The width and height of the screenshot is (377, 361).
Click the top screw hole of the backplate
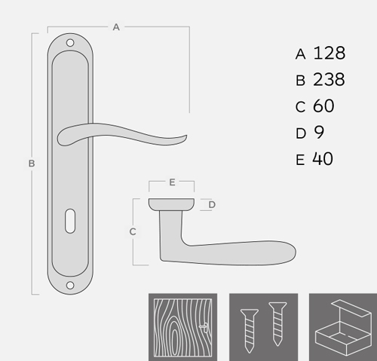tap(70, 43)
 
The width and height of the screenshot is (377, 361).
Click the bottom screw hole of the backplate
tap(70, 286)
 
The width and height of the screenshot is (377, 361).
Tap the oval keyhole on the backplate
tap(70, 221)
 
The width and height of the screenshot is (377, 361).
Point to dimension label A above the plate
tap(116, 27)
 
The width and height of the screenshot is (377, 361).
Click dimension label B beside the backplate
tap(32, 164)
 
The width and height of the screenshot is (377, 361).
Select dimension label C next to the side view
tap(133, 231)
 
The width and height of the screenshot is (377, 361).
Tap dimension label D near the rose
tap(212, 205)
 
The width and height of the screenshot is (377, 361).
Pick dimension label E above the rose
tap(172, 182)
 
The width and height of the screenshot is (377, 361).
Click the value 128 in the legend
tap(329, 53)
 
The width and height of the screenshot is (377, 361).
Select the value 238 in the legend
tap(329, 79)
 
